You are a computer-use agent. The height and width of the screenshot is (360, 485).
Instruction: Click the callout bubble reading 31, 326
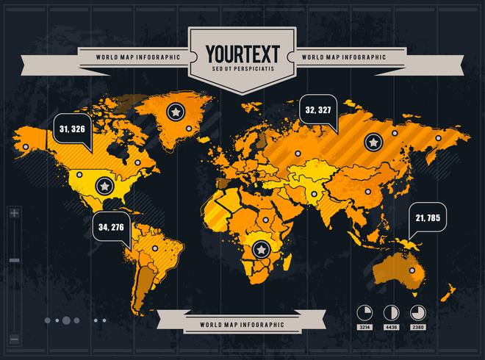[x=72, y=129]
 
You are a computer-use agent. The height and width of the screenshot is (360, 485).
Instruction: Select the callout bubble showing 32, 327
[x=318, y=110]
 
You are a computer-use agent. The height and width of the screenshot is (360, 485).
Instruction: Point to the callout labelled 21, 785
[x=427, y=217]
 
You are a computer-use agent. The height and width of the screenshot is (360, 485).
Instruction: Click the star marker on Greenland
[x=175, y=111]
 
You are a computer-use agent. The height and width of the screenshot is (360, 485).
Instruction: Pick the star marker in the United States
[x=104, y=187]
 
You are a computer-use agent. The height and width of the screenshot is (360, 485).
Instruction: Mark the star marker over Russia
[x=374, y=140]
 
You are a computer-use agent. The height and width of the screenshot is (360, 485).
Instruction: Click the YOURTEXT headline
[x=242, y=54]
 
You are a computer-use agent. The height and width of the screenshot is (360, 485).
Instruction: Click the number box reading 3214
[x=365, y=327]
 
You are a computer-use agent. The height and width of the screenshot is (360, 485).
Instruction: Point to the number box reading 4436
[x=392, y=327]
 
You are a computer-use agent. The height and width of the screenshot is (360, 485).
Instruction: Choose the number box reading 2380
[x=418, y=327]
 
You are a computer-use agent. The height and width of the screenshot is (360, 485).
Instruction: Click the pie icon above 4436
[x=392, y=311]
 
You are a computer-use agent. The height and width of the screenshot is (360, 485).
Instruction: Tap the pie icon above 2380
[x=417, y=311]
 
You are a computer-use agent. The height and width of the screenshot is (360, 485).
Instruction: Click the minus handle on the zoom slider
[x=15, y=260]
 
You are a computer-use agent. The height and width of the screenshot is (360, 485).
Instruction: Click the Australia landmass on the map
[x=397, y=270]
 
